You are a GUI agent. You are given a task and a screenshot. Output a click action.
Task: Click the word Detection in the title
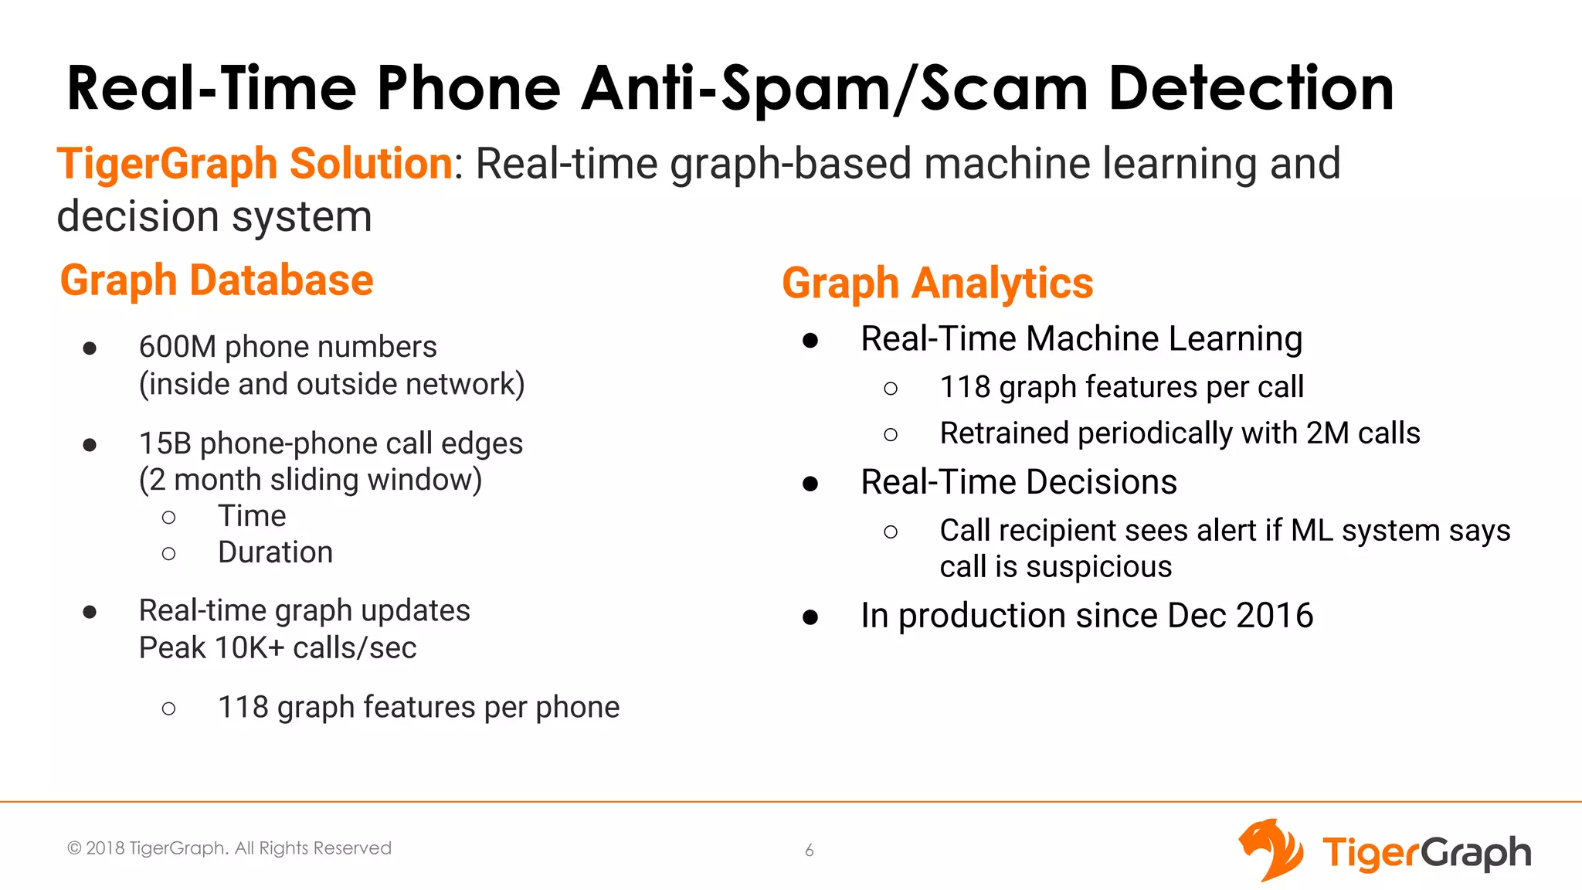click(x=1251, y=88)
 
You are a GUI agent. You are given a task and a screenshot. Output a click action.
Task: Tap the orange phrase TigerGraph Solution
click(x=254, y=164)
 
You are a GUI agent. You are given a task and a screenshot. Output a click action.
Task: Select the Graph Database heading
click(x=216, y=280)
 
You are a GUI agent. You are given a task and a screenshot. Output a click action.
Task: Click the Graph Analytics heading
click(x=937, y=283)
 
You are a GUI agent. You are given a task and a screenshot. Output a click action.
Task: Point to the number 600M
click(x=177, y=347)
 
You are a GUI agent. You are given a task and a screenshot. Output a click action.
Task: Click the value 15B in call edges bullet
click(x=165, y=443)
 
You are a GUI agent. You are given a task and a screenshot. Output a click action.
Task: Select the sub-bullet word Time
click(x=252, y=515)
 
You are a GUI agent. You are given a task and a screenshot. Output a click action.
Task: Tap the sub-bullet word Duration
click(x=275, y=552)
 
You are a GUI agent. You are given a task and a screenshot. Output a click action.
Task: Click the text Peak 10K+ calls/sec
click(x=277, y=647)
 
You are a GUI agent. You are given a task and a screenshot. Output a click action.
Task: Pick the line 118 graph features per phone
click(x=418, y=707)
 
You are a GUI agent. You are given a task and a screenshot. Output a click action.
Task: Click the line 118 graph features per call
click(x=1121, y=387)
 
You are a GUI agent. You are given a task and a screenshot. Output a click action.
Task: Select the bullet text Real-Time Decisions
click(x=1018, y=482)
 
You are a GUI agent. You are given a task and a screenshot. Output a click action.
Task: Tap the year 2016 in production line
click(x=1274, y=616)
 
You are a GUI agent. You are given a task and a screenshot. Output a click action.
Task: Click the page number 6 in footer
click(x=809, y=851)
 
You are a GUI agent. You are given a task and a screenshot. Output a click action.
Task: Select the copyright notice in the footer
click(x=229, y=848)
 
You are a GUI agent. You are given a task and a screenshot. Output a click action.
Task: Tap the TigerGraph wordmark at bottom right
click(x=1426, y=853)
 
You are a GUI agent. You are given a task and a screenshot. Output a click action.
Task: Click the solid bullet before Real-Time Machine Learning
click(x=810, y=341)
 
